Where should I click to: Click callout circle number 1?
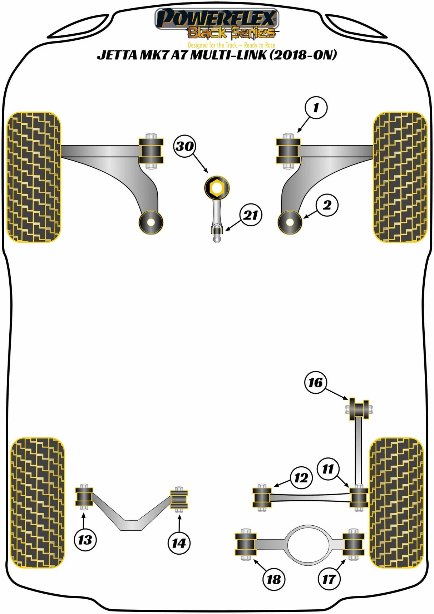tap(316, 108)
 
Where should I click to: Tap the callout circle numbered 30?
tap(185, 146)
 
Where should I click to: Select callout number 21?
tap(251, 215)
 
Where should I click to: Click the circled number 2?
tap(327, 205)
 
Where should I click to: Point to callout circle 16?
tap(316, 383)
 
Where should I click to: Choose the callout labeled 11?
tap(328, 469)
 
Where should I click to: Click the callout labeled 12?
tap(301, 478)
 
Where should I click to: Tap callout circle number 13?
tap(85, 540)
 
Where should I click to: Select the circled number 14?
tap(179, 543)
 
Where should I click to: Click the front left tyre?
tap(34, 177)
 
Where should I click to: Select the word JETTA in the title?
tap(114, 55)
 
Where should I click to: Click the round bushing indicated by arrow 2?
tap(290, 222)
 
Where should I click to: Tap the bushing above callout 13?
tap(84, 497)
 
